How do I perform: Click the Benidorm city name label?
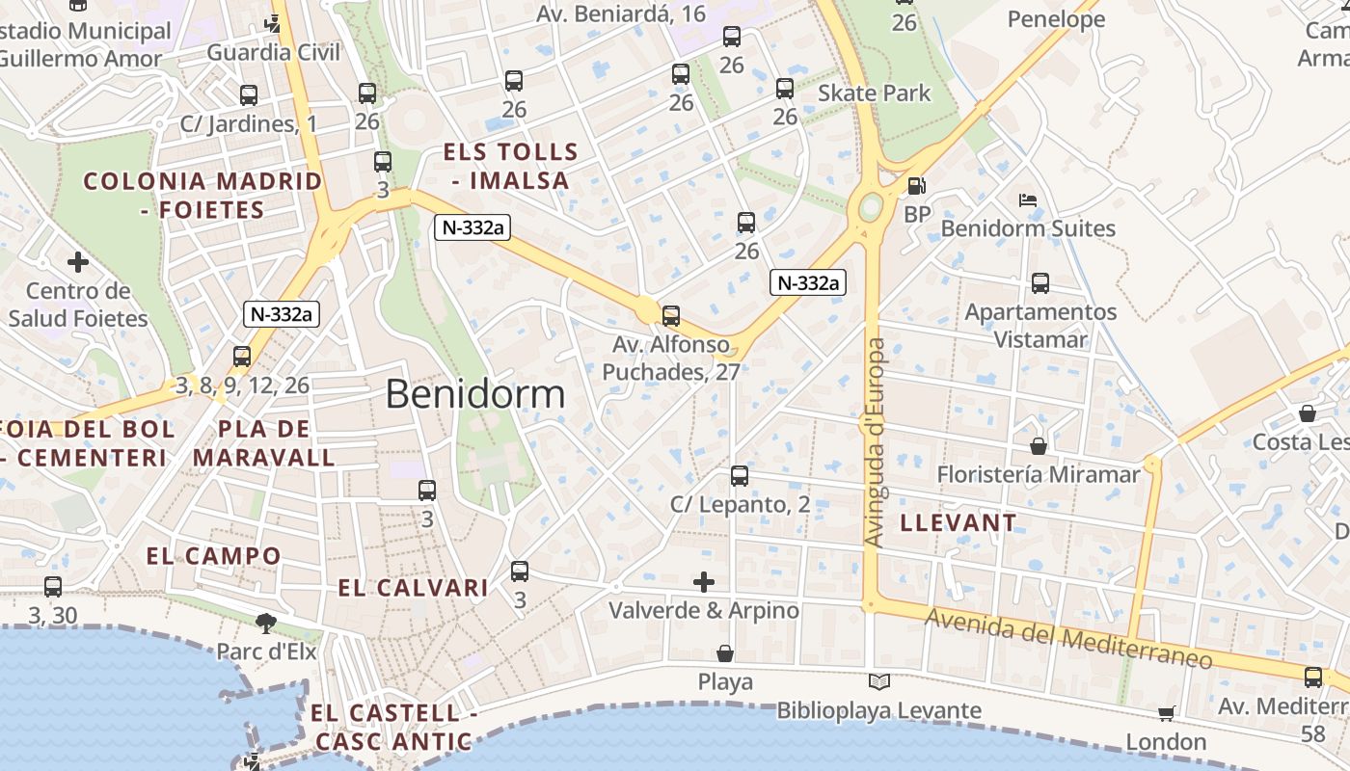click(x=475, y=394)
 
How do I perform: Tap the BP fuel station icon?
click(x=916, y=186)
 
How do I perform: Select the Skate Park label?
click(x=874, y=93)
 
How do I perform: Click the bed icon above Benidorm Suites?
click(x=1028, y=200)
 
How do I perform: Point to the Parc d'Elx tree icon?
click(x=266, y=624)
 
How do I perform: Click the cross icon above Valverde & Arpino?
click(x=704, y=581)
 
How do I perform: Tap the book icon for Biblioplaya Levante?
click(x=878, y=682)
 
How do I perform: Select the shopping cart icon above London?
click(x=1166, y=713)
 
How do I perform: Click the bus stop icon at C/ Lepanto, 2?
click(x=740, y=475)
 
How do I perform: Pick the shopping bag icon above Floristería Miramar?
click(x=1039, y=446)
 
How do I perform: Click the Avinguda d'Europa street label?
click(x=874, y=443)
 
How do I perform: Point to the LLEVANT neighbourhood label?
click(x=958, y=523)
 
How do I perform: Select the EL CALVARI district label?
click(x=413, y=588)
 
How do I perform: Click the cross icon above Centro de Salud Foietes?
click(x=78, y=261)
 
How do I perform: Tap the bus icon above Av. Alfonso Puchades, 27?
click(x=670, y=315)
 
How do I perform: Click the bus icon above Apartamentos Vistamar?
click(x=1039, y=283)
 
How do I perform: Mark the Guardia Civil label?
click(x=274, y=52)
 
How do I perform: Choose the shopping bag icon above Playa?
click(x=725, y=653)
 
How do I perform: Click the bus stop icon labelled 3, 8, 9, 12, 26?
click(x=242, y=357)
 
